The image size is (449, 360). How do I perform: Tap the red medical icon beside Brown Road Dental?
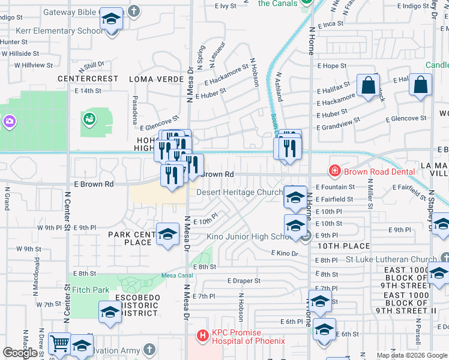[x=335, y=172]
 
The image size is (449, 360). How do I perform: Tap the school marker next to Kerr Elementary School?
[x=111, y=20]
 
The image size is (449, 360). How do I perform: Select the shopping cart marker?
[x=59, y=344]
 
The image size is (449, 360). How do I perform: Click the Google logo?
[x=20, y=353]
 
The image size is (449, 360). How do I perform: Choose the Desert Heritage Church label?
[x=240, y=193]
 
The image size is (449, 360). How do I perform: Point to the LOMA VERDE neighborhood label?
[x=157, y=79]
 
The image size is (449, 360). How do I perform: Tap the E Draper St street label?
[x=244, y=281]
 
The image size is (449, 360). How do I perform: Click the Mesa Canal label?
[x=175, y=276]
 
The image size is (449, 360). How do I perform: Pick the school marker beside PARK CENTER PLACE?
[x=167, y=234]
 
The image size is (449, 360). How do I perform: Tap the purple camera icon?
[x=9, y=122]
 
